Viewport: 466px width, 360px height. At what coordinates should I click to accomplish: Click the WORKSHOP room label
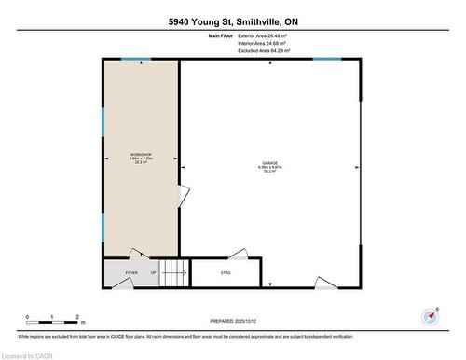tap(141, 154)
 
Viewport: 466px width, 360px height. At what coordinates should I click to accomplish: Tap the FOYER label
tap(131, 273)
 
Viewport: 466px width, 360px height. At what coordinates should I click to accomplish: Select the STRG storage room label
tap(225, 273)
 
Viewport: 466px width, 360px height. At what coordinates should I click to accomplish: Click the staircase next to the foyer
tap(172, 273)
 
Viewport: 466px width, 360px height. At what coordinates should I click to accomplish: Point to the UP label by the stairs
tap(152, 273)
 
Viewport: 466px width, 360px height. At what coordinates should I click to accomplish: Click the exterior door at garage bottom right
tap(327, 284)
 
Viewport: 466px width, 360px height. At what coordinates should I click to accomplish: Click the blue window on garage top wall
tap(326, 60)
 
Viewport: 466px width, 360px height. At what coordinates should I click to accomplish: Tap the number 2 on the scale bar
tap(77, 316)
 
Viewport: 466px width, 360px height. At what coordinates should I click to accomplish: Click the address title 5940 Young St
tap(232, 21)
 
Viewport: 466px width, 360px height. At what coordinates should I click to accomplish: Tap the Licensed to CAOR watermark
tap(29, 353)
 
